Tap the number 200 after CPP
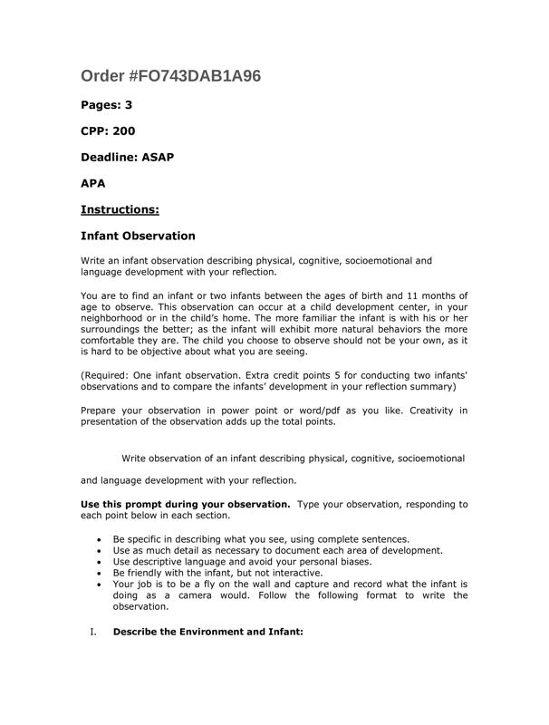pos(123,131)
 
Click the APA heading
pos(93,183)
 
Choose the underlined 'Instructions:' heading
pos(120,209)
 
